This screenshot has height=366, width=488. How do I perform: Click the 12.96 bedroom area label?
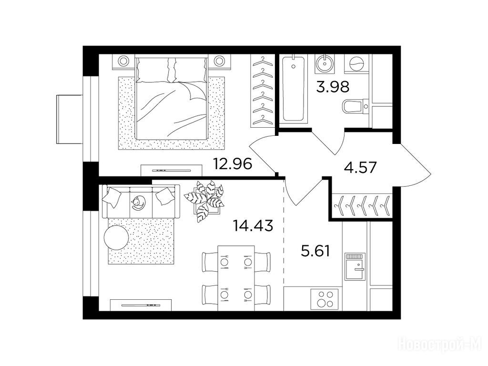point(232,164)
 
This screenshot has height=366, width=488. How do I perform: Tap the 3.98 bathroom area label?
point(333,87)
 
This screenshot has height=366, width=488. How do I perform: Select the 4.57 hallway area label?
point(360,167)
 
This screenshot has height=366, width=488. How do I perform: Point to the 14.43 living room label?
point(254,225)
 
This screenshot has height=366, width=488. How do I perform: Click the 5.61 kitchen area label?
point(315,251)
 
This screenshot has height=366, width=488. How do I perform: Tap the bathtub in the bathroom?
point(293,88)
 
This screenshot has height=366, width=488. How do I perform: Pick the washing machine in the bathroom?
point(356,64)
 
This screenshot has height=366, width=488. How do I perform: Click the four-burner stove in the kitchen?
point(324,299)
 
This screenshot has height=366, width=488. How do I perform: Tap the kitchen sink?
point(355,267)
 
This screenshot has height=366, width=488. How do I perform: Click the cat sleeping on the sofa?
point(138,203)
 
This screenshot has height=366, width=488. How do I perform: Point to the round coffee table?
point(116,237)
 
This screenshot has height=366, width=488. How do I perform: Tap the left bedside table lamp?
point(123,61)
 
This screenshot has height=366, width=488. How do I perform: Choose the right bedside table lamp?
point(219,61)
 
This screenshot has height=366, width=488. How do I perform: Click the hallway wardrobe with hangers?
point(361,205)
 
